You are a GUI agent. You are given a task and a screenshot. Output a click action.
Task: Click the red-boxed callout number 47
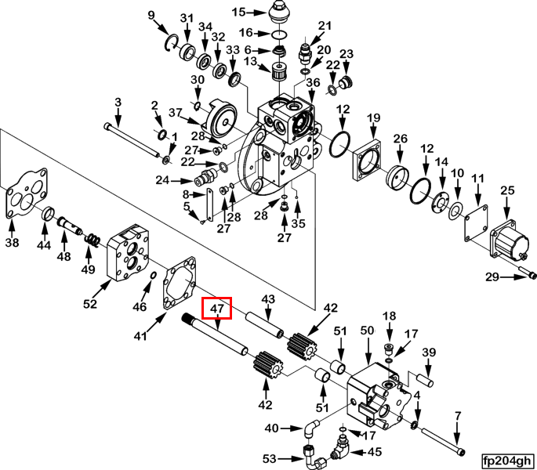(217, 309)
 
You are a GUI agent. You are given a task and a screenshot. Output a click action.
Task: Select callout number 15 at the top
(238, 12)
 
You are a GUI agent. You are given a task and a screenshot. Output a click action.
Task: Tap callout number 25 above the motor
(507, 190)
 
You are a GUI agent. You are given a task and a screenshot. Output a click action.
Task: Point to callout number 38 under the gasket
(12, 244)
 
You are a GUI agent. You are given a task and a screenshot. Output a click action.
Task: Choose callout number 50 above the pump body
(367, 331)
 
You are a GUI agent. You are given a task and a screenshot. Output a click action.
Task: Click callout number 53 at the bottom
(270, 457)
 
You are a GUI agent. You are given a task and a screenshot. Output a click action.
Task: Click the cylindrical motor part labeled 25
(509, 238)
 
